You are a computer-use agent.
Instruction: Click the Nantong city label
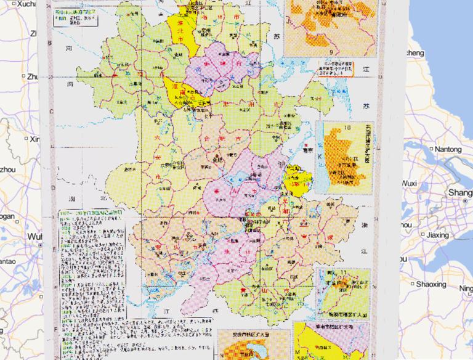[448, 149]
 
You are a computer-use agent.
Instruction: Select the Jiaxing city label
[438, 235]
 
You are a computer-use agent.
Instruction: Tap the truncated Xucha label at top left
[18, 4]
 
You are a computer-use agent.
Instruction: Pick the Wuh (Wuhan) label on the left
[34, 237]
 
